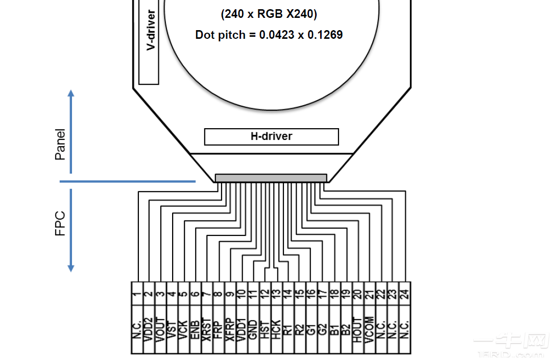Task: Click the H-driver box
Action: tap(271, 136)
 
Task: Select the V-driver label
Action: tap(151, 30)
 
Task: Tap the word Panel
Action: tap(61, 144)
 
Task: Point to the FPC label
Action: tap(61, 223)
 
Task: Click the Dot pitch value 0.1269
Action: tap(325, 35)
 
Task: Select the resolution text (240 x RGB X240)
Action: tap(269, 14)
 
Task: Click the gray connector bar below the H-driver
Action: tap(271, 178)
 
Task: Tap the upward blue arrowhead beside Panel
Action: tap(71, 93)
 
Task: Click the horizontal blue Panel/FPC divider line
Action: tap(128, 181)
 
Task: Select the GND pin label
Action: tap(253, 329)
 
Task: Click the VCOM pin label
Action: tap(369, 329)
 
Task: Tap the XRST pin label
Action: tap(206, 329)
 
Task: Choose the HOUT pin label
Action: tap(357, 329)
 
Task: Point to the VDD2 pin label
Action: tap(149, 329)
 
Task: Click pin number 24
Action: tap(404, 294)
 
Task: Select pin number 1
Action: tap(137, 294)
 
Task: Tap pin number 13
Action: tap(276, 294)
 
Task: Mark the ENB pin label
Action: tap(195, 329)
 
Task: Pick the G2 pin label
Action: tap(322, 329)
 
